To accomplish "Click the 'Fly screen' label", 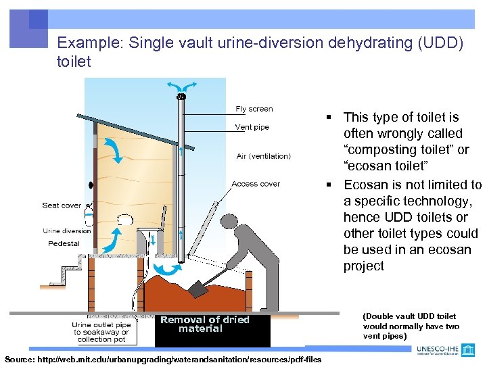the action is pos(254,109).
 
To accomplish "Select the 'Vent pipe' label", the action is pos(252,127).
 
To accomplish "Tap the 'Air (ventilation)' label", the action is pos(263,156).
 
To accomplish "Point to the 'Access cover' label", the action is pos(255,184).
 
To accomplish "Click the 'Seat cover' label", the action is pos(61,205).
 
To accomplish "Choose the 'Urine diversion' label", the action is pos(66,231).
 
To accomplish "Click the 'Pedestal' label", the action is pos(64,244).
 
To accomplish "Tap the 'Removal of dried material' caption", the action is pos(204,324).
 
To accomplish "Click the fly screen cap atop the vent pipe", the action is pos(181,97).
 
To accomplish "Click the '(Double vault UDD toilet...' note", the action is pos(411,326).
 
